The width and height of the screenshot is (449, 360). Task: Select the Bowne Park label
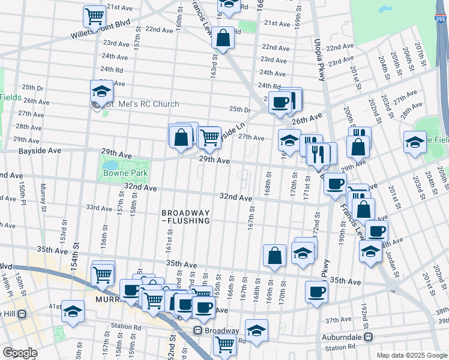124,175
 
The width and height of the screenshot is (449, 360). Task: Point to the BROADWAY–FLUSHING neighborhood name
185,217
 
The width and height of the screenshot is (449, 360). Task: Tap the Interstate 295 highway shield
440,20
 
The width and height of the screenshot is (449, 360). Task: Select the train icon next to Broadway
197,331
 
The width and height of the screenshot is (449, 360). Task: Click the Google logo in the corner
20,353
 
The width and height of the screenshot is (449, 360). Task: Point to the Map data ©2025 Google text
411,355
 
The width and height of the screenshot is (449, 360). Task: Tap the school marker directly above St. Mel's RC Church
102,91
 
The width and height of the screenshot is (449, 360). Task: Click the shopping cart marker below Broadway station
224,344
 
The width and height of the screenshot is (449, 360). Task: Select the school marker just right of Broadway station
256,331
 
